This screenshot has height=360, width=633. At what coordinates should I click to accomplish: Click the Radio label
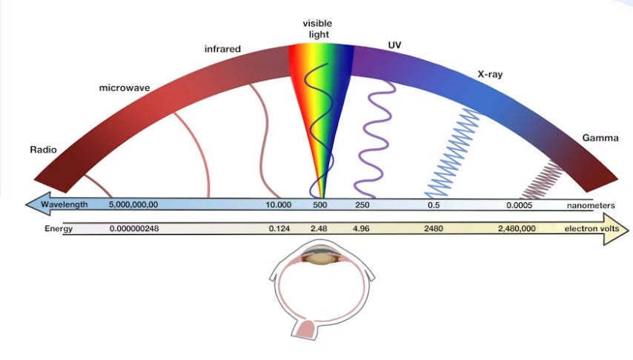point(43,150)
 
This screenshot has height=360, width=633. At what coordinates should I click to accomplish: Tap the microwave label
point(125,87)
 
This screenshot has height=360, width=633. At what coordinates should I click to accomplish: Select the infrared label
point(223,50)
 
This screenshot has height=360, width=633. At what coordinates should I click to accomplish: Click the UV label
point(395,46)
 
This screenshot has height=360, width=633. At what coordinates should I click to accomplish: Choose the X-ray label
point(490,75)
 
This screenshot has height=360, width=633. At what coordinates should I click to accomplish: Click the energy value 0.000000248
point(134,229)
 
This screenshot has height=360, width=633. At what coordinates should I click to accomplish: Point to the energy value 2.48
point(319,229)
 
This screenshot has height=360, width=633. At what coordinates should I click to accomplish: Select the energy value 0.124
point(279,229)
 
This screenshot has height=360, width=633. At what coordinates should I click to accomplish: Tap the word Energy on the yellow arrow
point(59,229)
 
